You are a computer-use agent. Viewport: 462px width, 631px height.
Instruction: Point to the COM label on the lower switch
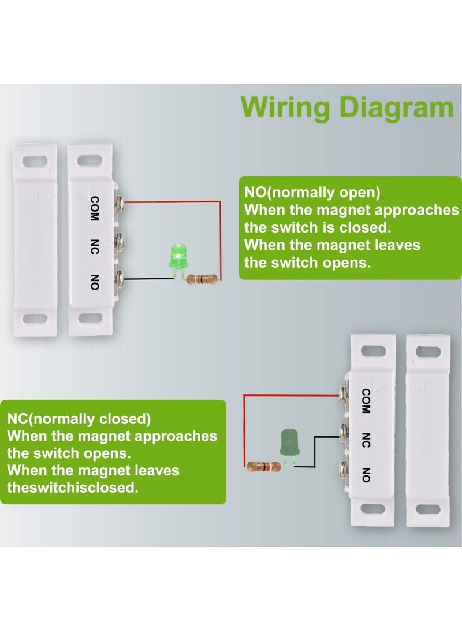pyautogui.click(x=366, y=400)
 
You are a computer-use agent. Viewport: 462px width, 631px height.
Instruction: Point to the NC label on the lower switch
pyautogui.click(x=366, y=440)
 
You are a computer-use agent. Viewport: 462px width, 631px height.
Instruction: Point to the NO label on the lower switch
pyautogui.click(x=366, y=474)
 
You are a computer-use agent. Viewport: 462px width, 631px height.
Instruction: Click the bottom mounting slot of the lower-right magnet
pyautogui.click(x=428, y=509)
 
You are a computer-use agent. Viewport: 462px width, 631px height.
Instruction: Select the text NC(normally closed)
pyautogui.click(x=79, y=418)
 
